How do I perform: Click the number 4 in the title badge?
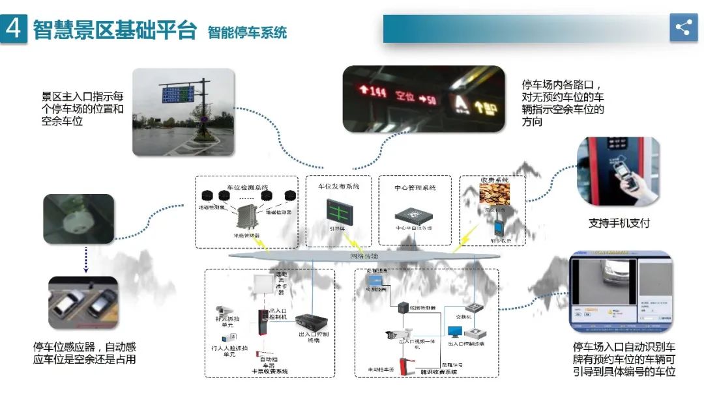pyautogui.click(x=13, y=29)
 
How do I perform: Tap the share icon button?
pyautogui.click(x=683, y=28)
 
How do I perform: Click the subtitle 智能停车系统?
pyautogui.click(x=247, y=32)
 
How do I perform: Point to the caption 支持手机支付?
pyautogui.click(x=619, y=223)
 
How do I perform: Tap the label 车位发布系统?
pyautogui.click(x=338, y=186)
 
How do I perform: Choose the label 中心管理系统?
pyautogui.click(x=414, y=187)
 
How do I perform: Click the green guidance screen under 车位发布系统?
pyautogui.click(x=338, y=210)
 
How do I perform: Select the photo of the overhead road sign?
pyautogui.click(x=183, y=111)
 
